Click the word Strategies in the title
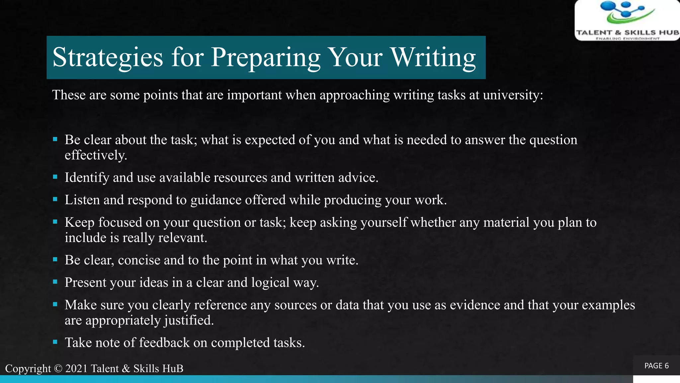point(108,57)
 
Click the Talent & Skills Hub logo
point(627,20)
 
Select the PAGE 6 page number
point(656,366)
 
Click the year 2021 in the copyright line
point(76,368)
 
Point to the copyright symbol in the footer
point(58,368)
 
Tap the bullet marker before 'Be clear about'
point(55,139)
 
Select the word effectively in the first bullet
point(95,155)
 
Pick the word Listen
point(82,200)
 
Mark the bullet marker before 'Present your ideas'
point(55,282)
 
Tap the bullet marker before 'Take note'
point(55,342)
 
